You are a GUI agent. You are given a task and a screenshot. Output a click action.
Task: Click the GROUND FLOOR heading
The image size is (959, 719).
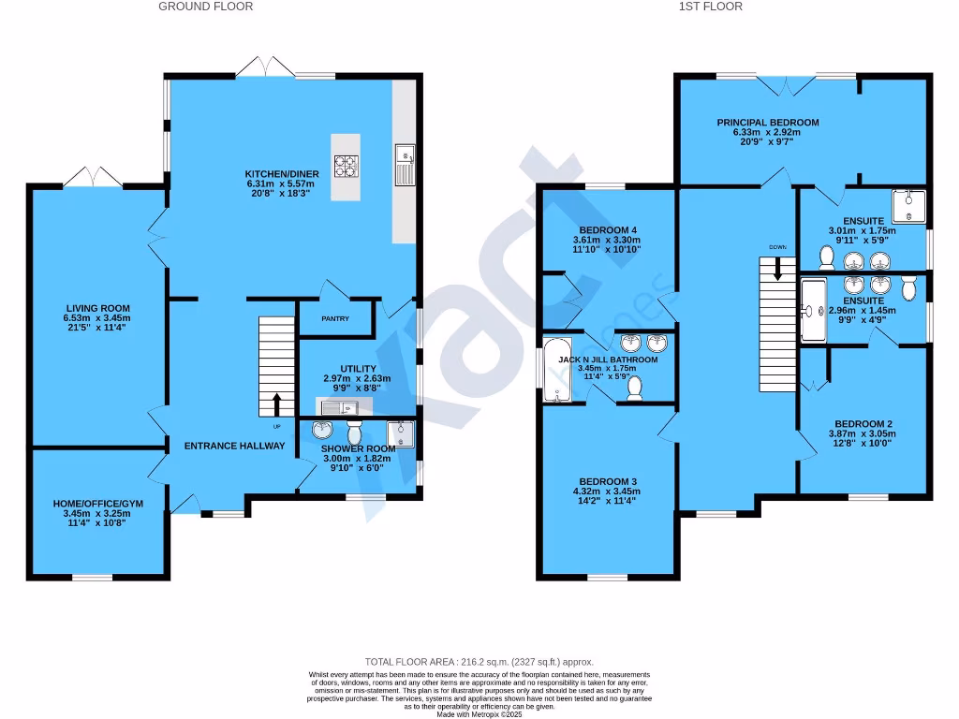205,7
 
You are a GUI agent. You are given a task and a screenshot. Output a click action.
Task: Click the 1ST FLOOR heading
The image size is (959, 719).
710,7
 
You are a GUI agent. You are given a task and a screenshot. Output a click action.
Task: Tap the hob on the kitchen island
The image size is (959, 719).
347,167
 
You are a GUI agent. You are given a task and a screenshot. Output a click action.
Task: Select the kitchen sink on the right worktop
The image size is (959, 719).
406,165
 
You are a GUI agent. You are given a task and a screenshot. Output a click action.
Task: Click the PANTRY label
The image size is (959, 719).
335,318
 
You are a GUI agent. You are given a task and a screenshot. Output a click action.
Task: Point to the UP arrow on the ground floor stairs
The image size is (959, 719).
276,404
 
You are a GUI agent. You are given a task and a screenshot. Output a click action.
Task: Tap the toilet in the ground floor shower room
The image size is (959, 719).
355,433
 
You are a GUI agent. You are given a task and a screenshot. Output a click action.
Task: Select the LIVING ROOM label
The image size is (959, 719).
97,308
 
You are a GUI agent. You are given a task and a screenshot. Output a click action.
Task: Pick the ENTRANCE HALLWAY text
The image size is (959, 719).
234,446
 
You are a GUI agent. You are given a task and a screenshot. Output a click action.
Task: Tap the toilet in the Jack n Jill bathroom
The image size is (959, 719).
634,388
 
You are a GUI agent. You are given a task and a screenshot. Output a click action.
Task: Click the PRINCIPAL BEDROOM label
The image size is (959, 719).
768,123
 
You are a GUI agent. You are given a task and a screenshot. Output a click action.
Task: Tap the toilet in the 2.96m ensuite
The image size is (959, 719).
908,287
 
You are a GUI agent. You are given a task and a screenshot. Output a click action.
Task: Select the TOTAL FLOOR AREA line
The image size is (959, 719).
479,662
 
